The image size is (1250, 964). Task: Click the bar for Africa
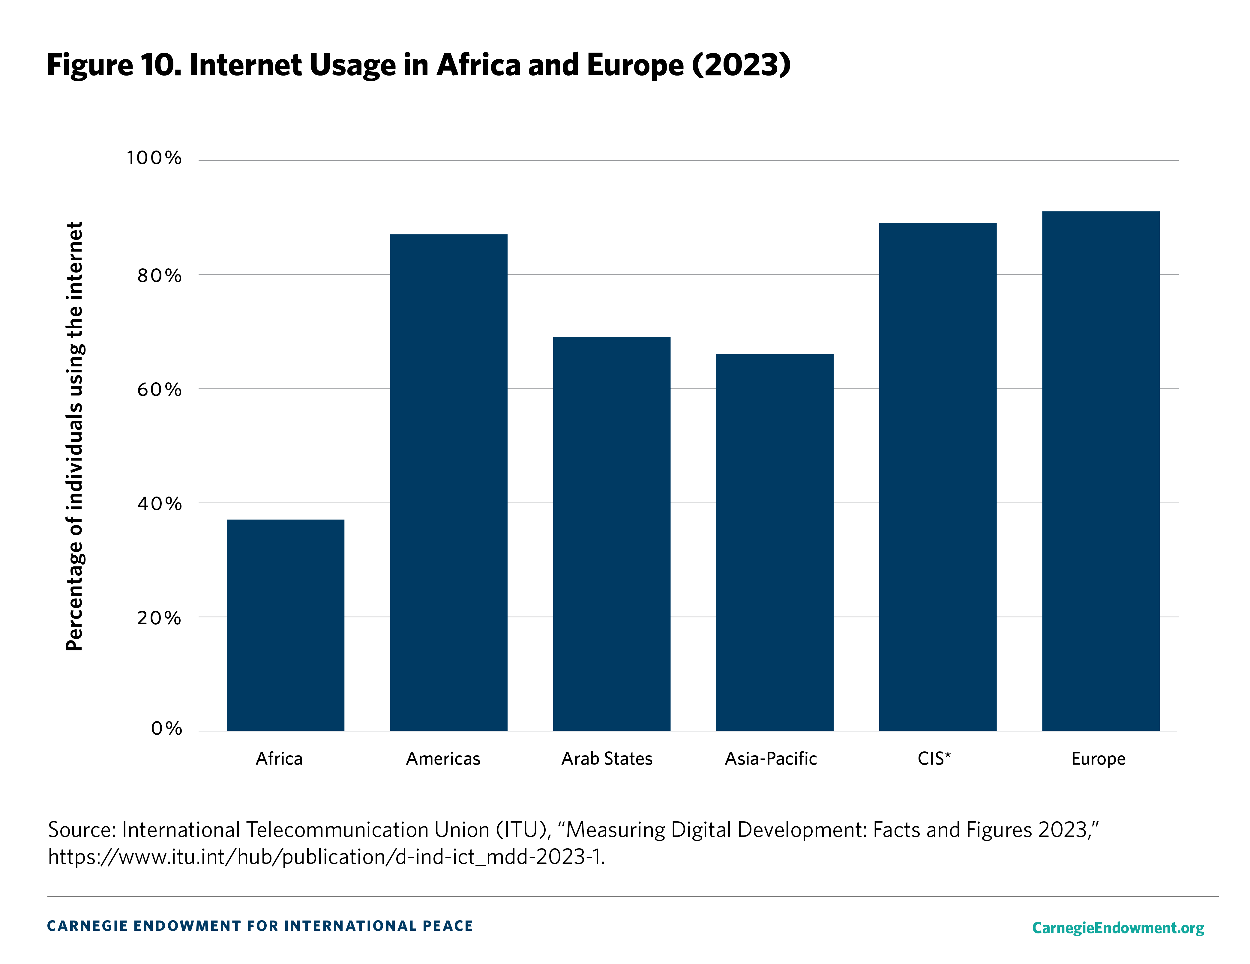click(286, 625)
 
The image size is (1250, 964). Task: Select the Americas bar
click(449, 482)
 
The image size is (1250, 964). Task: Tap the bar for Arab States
click(611, 534)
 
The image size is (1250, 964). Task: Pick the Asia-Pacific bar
click(774, 542)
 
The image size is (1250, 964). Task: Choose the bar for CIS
click(937, 476)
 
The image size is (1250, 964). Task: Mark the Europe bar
click(1101, 471)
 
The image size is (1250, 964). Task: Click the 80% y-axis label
click(159, 276)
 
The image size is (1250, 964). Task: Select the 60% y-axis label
click(159, 389)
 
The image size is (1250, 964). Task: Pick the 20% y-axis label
click(159, 618)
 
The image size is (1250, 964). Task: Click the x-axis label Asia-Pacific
click(771, 759)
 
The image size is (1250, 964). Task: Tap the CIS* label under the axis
click(934, 759)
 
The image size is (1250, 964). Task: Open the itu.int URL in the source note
click(326, 856)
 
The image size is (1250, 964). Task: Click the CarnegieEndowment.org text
click(1118, 927)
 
